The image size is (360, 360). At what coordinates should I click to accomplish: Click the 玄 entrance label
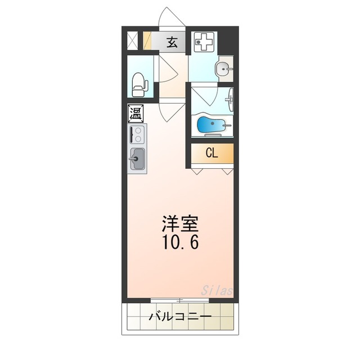pyautogui.click(x=172, y=41)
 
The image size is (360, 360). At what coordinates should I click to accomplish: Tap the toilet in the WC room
pyautogui.click(x=138, y=84)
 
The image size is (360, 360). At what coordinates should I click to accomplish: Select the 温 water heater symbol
pyautogui.click(x=136, y=114)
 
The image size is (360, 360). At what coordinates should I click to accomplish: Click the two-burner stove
pyautogui.click(x=137, y=134)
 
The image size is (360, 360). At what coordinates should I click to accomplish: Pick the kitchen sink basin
pyautogui.click(x=137, y=159)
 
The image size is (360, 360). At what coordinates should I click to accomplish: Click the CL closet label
pyautogui.click(x=211, y=153)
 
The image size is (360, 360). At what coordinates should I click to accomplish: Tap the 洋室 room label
pyautogui.click(x=180, y=224)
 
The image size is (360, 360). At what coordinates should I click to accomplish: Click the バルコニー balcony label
pyautogui.click(x=180, y=318)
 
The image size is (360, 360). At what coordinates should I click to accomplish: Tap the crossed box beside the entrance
pyautogui.click(x=133, y=42)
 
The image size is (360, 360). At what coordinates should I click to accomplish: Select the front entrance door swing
pyautogui.click(x=172, y=17)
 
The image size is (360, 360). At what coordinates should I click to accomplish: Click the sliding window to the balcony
pyautogui.click(x=180, y=300)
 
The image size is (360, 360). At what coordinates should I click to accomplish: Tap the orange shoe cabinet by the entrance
pyautogui.click(x=147, y=42)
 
